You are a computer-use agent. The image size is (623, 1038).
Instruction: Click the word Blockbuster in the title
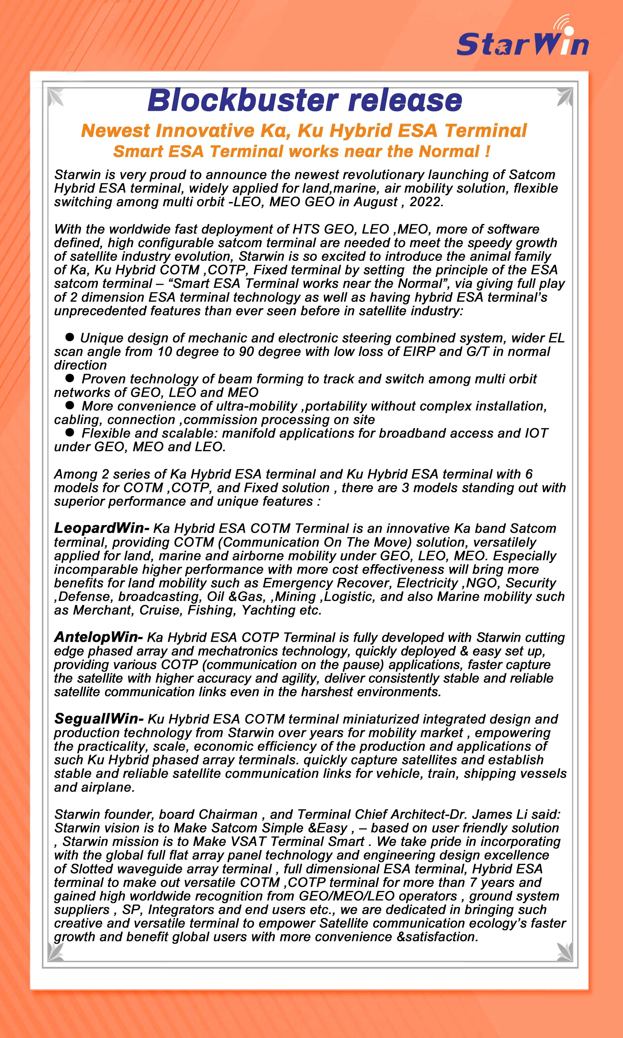pyautogui.click(x=243, y=101)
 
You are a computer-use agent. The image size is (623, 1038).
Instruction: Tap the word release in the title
pyautogui.click(x=405, y=101)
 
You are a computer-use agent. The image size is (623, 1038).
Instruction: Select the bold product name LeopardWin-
pyautogui.click(x=102, y=528)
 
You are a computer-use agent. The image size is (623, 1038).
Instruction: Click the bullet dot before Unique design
pyautogui.click(x=70, y=337)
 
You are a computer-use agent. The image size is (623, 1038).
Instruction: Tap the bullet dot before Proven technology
pyautogui.click(x=70, y=378)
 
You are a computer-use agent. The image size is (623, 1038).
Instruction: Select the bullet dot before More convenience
pyautogui.click(x=70, y=405)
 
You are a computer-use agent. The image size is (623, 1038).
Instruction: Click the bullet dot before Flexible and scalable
pyautogui.click(x=70, y=432)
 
